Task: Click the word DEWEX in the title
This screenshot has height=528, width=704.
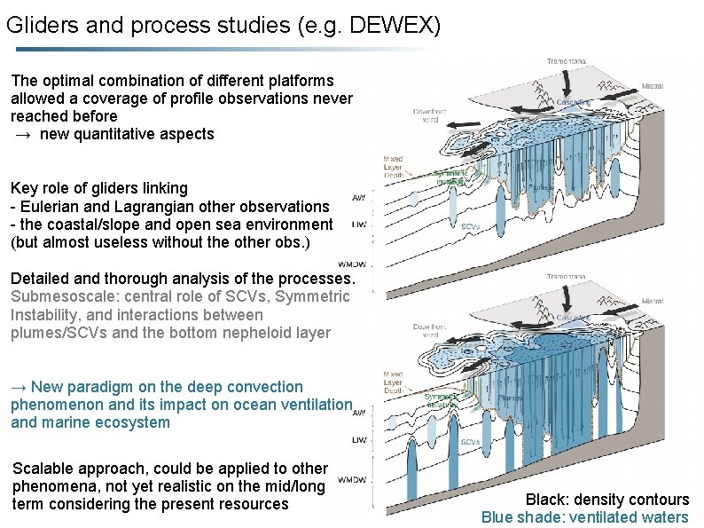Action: [x=390, y=26]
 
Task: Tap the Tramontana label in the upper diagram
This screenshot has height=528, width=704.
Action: [x=566, y=61]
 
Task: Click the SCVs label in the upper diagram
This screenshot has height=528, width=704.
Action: [x=471, y=225]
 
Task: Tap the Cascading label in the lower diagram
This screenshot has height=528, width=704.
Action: [x=574, y=318]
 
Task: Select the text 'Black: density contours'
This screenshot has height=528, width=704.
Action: [x=606, y=500]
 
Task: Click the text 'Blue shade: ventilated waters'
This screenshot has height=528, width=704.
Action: [x=584, y=517]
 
